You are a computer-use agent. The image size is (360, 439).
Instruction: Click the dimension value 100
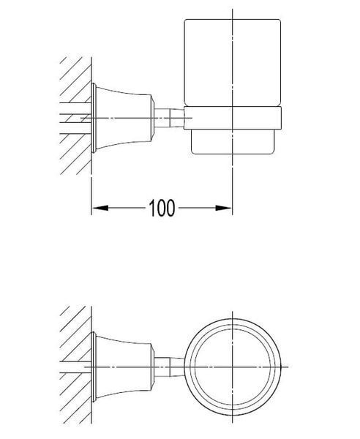coord(162,208)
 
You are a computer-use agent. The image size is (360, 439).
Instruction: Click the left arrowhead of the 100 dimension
coord(100,208)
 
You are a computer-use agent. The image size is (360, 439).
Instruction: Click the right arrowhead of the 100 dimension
coord(224,208)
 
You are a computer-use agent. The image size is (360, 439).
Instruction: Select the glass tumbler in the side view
coord(233,63)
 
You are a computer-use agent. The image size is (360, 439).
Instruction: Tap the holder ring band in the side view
coord(233,118)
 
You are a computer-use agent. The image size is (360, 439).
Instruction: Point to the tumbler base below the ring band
coord(233,142)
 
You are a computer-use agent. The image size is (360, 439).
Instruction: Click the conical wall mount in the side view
coord(124,118)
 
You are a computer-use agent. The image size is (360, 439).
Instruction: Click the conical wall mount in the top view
coord(124,367)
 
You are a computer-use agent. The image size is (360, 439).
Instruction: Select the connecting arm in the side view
coord(169,118)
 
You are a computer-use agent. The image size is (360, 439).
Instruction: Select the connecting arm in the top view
coord(169,367)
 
